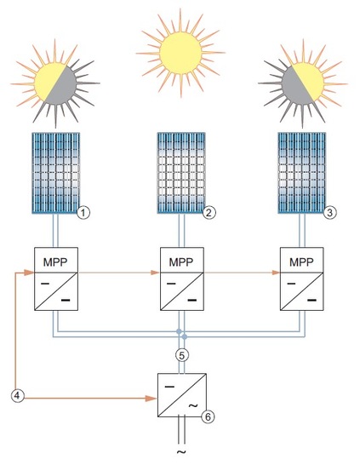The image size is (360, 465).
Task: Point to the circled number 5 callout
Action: click(x=180, y=353)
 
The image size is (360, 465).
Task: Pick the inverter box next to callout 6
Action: click(x=179, y=393)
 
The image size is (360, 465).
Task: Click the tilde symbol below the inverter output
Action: click(x=180, y=452)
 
